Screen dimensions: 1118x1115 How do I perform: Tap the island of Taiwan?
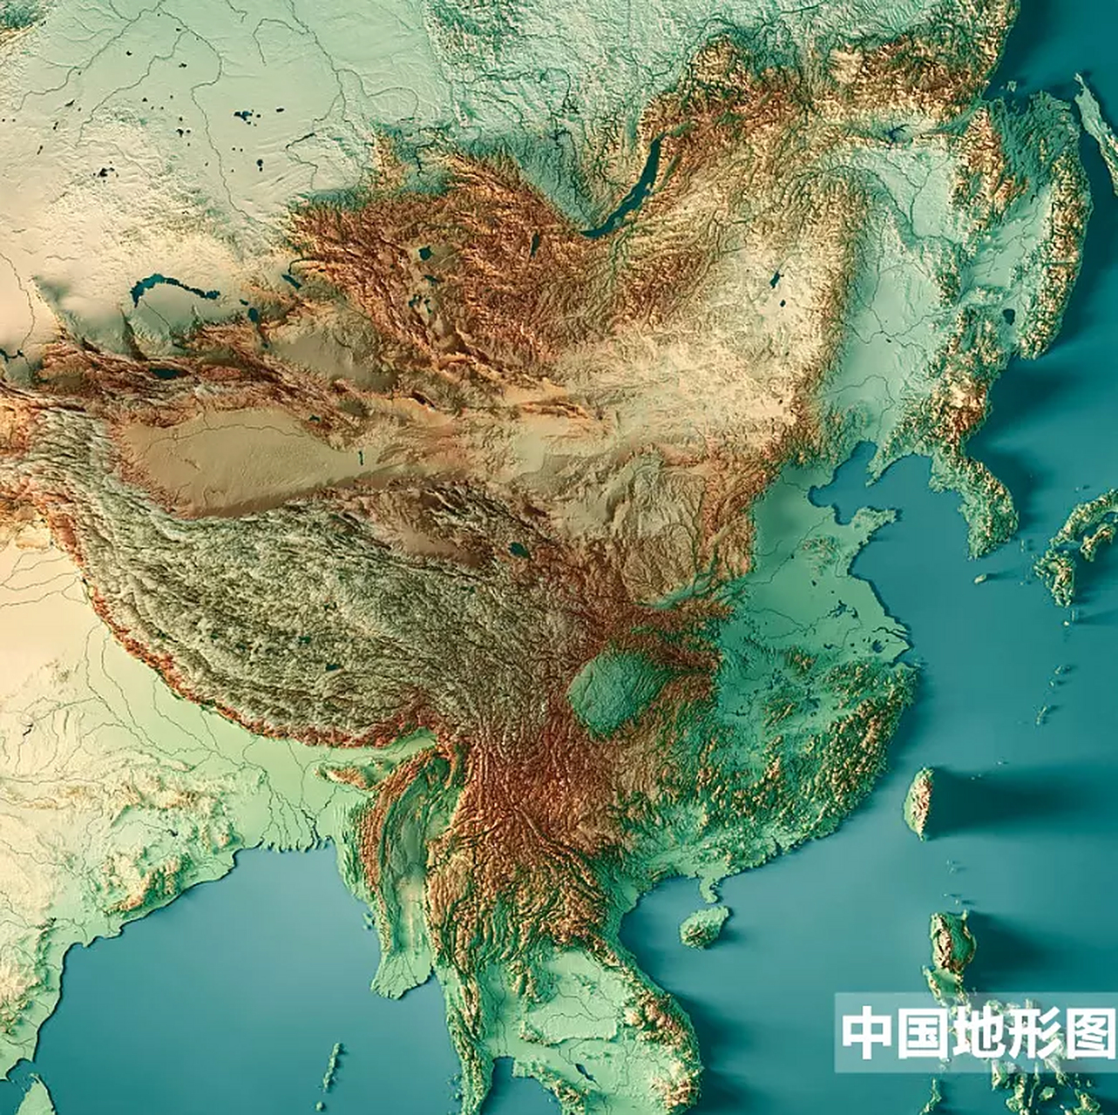[x=919, y=801]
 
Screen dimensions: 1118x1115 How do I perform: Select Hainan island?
[x=704, y=925]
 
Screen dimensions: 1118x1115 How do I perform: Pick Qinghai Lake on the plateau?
[x=518, y=551]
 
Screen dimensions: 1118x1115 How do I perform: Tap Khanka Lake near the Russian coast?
[x=1008, y=315]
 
